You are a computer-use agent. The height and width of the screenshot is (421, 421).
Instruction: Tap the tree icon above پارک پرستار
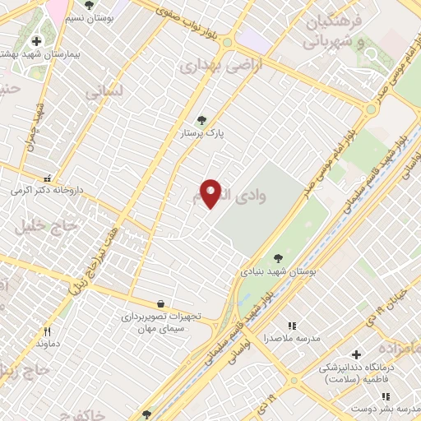(x=202, y=120)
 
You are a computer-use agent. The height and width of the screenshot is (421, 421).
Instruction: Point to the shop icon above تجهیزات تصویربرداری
(x=159, y=303)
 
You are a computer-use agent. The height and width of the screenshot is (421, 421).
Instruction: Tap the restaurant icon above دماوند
(x=47, y=331)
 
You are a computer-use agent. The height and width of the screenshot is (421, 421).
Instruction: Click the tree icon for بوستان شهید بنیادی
(x=277, y=257)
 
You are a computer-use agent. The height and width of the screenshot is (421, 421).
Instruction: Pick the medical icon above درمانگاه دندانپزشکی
(x=355, y=354)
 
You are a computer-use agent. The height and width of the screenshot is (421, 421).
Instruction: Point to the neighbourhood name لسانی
(x=104, y=93)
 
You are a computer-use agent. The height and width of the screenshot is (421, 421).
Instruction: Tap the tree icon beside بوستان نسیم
(x=89, y=6)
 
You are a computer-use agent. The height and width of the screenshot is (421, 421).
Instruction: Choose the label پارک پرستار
(x=203, y=132)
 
